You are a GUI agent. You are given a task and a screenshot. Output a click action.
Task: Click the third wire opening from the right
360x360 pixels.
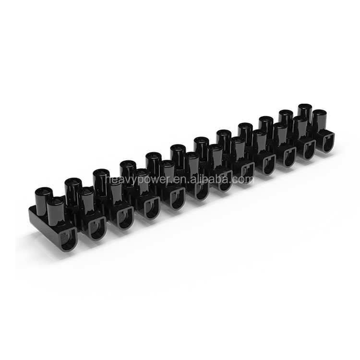tap(288, 157)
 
